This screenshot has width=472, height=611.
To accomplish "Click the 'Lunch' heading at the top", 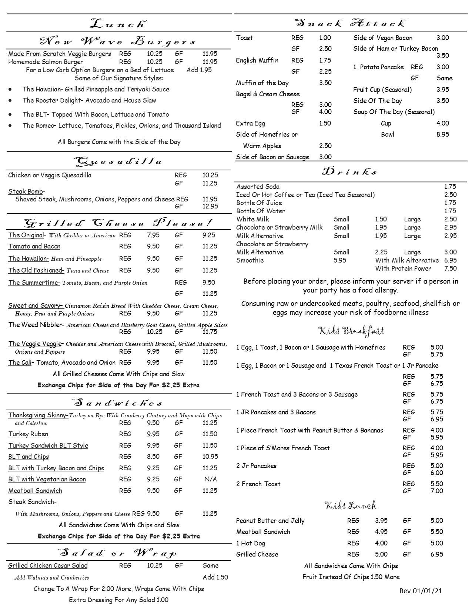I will click(x=118, y=24).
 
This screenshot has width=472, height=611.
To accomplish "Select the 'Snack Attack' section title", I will click(x=351, y=23).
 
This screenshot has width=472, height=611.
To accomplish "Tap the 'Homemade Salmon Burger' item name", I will click(x=46, y=62).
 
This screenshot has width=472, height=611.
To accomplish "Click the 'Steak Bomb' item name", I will click(x=26, y=191).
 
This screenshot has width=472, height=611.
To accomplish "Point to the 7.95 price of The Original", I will click(x=153, y=235).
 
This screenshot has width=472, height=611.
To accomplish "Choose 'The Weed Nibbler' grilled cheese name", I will click(x=36, y=325).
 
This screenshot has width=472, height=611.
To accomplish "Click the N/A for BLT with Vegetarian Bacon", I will click(x=210, y=479).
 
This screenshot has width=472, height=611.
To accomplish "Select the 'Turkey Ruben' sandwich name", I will click(x=28, y=434).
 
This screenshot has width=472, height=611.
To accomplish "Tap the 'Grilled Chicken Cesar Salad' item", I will click(x=48, y=565).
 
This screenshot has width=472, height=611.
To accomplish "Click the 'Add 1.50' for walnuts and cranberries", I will click(x=215, y=577).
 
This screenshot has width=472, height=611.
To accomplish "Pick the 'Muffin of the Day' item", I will click(x=262, y=83).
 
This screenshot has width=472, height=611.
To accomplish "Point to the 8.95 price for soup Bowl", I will click(x=442, y=134).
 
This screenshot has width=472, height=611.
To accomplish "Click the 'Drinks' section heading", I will click(x=350, y=172).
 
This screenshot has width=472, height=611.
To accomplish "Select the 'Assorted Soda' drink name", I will click(x=258, y=187).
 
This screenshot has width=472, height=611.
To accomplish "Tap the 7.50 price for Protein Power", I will click(x=450, y=268).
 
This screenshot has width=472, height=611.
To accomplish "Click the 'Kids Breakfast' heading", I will click(x=351, y=330).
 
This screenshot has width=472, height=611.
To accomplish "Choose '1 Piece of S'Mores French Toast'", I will click(x=282, y=448).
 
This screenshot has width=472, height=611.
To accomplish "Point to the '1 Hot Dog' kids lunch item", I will click(x=250, y=543).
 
